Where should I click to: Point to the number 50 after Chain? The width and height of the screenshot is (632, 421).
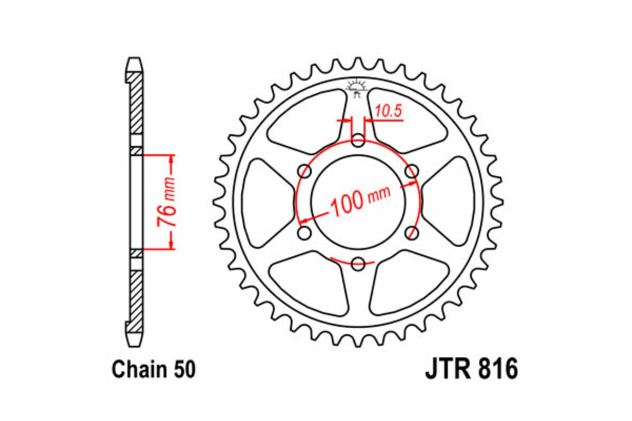[x=185, y=369]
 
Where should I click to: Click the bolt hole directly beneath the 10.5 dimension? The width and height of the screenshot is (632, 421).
[x=358, y=140]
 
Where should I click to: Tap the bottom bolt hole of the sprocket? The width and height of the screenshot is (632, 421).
[x=358, y=263]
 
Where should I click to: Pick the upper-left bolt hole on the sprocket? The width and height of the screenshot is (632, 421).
[x=304, y=171]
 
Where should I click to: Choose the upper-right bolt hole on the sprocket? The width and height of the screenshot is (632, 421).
[x=412, y=171]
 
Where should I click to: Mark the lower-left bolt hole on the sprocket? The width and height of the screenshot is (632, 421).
[x=304, y=233]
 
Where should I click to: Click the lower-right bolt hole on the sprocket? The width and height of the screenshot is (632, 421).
[x=412, y=233]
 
